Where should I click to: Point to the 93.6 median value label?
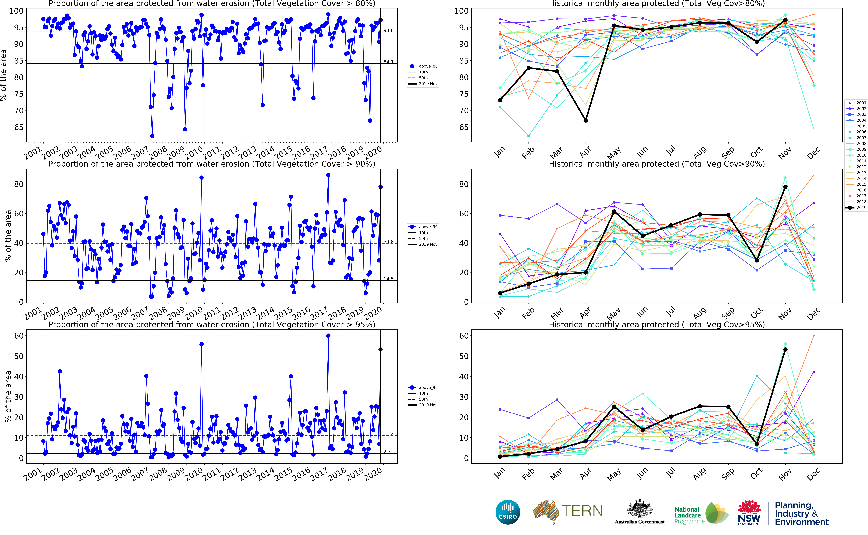388,30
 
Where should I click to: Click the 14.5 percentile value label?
388,279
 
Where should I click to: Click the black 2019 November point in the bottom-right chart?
785,350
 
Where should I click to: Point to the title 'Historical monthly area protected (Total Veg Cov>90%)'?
656,164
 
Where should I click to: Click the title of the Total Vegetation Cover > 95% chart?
212,324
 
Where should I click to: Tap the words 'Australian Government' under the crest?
640,522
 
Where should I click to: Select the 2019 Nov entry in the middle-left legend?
428,245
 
